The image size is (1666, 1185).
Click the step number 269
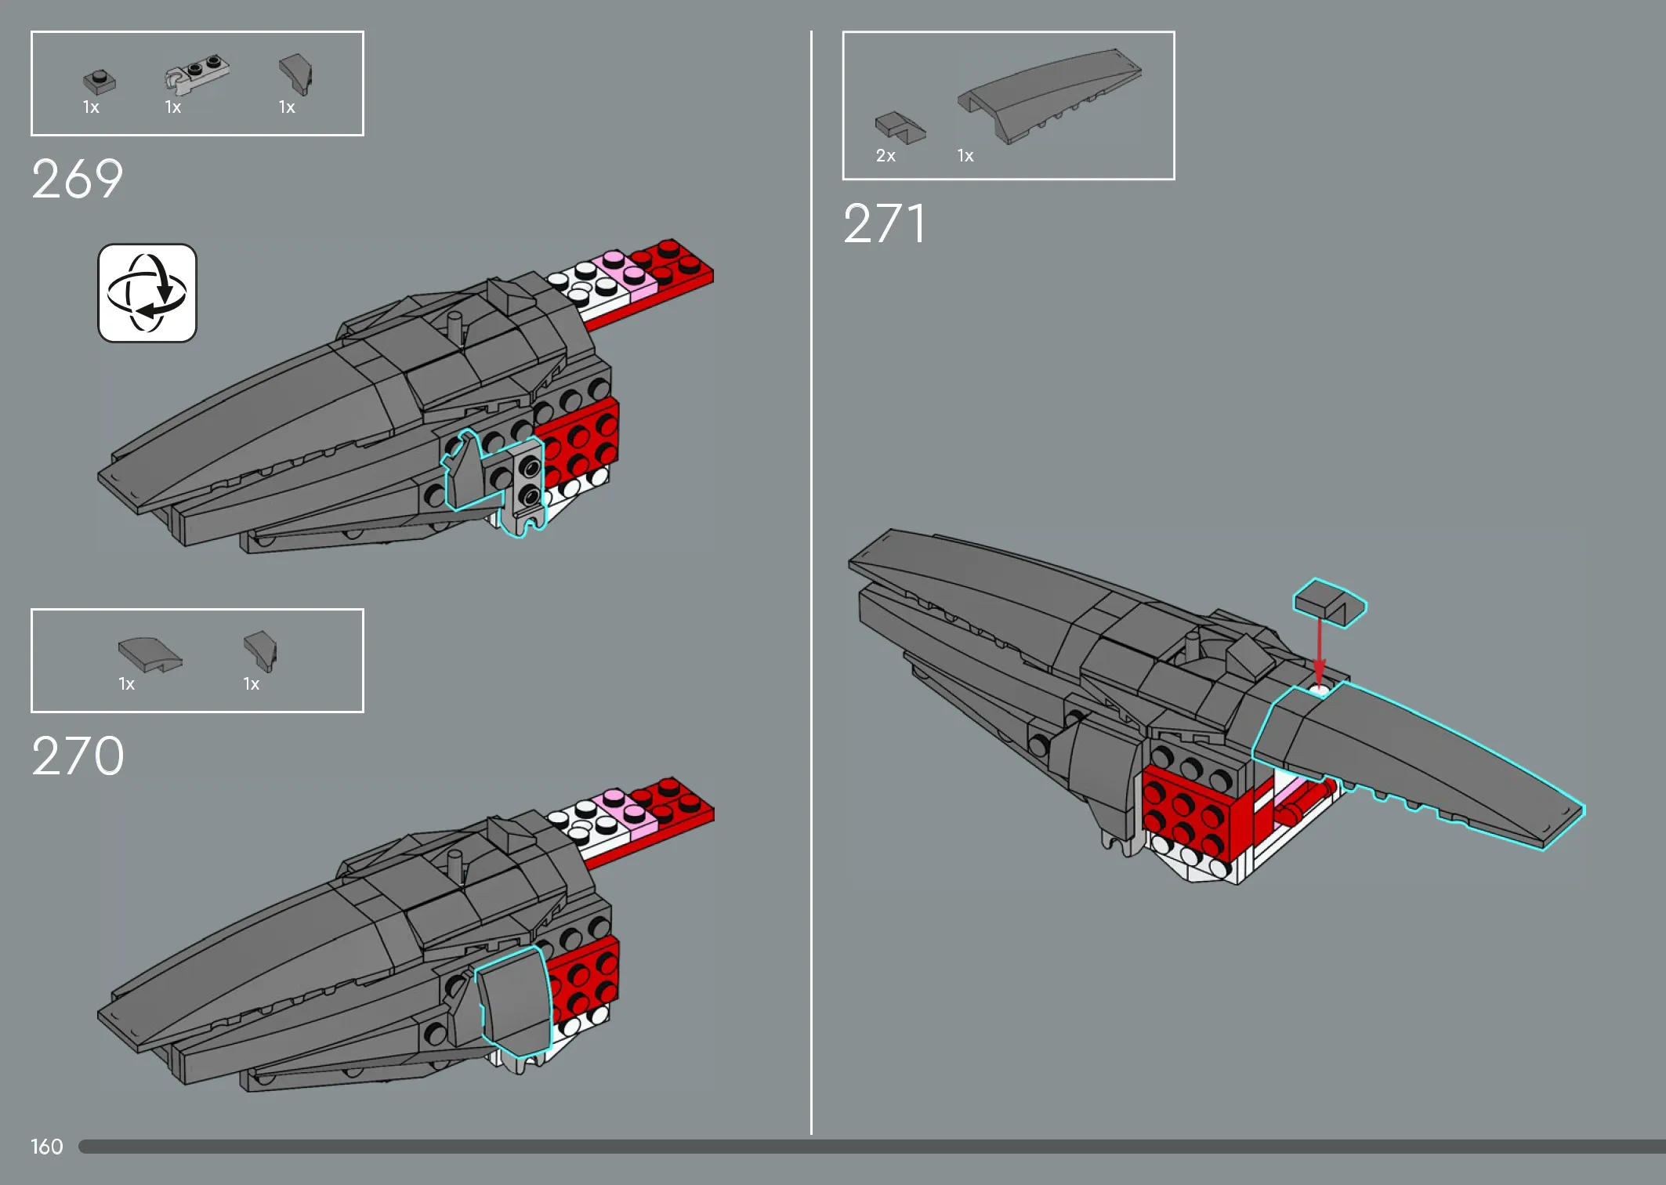point(77,179)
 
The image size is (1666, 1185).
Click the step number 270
point(78,756)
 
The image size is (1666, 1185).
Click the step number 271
point(884,223)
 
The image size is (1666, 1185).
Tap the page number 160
point(47,1147)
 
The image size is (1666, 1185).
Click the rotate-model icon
point(147,293)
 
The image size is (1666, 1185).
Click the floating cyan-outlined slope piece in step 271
point(1329,603)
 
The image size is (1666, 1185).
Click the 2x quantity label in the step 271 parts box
point(886,156)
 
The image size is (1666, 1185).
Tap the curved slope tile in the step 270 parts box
point(150,654)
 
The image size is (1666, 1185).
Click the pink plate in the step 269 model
point(625,275)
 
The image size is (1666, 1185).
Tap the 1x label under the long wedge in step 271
point(965,156)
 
